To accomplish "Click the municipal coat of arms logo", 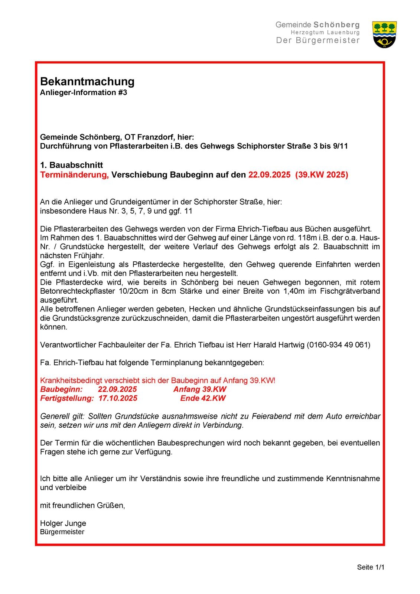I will pyautogui.click(x=384, y=34).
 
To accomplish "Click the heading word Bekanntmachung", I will pyautogui.click(x=87, y=81).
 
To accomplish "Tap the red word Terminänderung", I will pyautogui.click(x=74, y=175).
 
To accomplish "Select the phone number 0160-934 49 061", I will pyautogui.click(x=338, y=345).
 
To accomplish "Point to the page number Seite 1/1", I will pyautogui.click(x=370, y=567).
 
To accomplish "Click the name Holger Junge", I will pyautogui.click(x=63, y=523).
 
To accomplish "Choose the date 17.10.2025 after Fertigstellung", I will pyautogui.click(x=118, y=398).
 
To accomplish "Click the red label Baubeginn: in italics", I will pyautogui.click(x=61, y=389).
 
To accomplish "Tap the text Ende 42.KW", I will pyautogui.click(x=203, y=398).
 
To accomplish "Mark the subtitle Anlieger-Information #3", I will pyautogui.click(x=84, y=92).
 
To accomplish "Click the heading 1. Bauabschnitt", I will pyautogui.click(x=71, y=165).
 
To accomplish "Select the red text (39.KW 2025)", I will pyautogui.click(x=322, y=175).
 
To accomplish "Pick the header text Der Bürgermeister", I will pyautogui.click(x=318, y=40).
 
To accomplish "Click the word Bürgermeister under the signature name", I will pyautogui.click(x=62, y=532).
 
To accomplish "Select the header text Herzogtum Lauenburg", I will pyautogui.click(x=325, y=33).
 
